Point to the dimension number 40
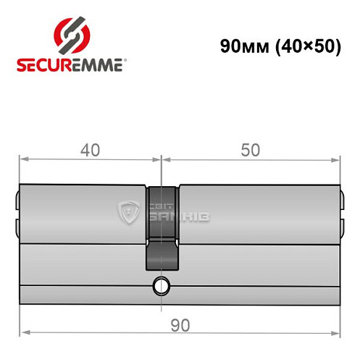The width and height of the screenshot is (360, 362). coord(90,151)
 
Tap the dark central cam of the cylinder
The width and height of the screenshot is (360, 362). coord(162,224)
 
